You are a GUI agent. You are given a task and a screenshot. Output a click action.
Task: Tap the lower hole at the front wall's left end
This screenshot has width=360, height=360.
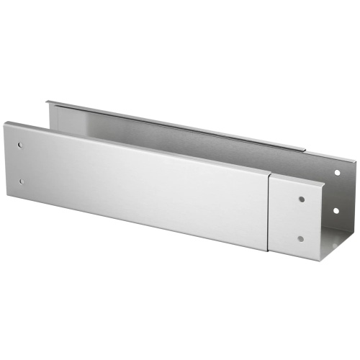22,181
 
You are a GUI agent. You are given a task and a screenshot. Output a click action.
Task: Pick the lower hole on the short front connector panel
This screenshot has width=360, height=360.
300,238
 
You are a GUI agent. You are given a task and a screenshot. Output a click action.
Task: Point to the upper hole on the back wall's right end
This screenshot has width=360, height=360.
336,173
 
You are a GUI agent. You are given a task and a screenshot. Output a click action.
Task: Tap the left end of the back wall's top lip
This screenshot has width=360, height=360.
48,102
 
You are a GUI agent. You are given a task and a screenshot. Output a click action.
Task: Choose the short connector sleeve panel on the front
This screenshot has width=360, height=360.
295,212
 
